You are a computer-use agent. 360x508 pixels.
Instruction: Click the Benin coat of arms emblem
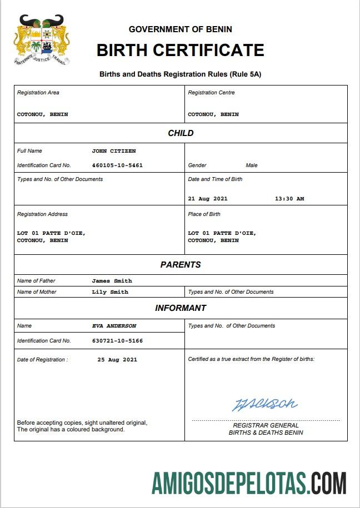coord(42,40)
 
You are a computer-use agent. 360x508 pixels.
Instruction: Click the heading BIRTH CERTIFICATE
coord(180,50)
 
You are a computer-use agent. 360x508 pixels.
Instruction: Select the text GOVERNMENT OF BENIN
coord(180,29)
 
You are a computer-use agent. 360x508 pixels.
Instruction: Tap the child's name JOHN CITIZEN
coord(114,151)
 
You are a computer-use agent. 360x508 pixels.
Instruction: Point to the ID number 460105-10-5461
coord(117,165)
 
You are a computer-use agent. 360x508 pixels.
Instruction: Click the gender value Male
coord(252,165)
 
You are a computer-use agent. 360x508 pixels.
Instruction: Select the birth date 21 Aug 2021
coord(208,199)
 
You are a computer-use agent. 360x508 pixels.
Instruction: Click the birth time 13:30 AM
coord(289,199)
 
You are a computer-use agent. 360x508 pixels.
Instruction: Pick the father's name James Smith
coord(112,281)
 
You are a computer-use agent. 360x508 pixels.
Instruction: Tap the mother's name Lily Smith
coord(110,292)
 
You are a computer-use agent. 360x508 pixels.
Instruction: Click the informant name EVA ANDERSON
coord(114,326)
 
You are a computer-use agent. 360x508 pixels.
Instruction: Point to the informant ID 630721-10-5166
coord(117,341)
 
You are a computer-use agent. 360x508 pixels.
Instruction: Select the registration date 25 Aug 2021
coord(117,360)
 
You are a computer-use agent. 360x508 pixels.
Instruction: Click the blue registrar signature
coord(264,404)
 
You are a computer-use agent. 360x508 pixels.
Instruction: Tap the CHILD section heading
coord(181,133)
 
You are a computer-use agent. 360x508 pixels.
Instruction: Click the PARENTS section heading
coord(181,265)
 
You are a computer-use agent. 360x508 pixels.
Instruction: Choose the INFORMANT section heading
coord(181,308)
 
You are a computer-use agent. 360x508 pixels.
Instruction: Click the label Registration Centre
coord(211,93)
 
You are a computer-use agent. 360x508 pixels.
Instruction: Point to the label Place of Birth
coord(204,214)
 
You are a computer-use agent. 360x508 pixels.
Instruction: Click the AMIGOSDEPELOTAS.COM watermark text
coord(249,483)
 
